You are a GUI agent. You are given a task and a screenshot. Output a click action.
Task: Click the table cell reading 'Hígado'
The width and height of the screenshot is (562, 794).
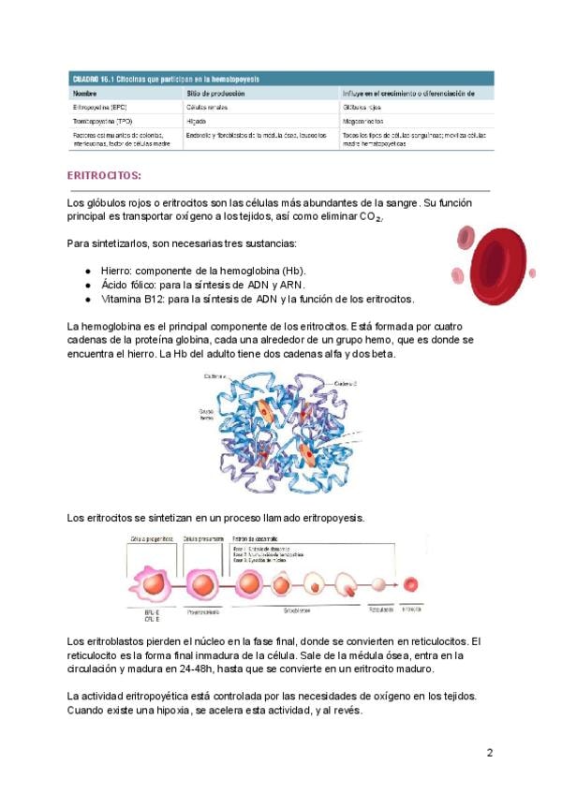point(196,121)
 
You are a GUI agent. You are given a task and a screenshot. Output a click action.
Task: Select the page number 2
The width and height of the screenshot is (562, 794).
point(489,752)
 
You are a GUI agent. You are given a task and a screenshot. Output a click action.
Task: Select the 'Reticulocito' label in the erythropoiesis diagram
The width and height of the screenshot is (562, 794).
point(381,609)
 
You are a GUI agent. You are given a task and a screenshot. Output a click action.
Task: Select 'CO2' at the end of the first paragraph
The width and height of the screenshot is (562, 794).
point(371,218)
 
